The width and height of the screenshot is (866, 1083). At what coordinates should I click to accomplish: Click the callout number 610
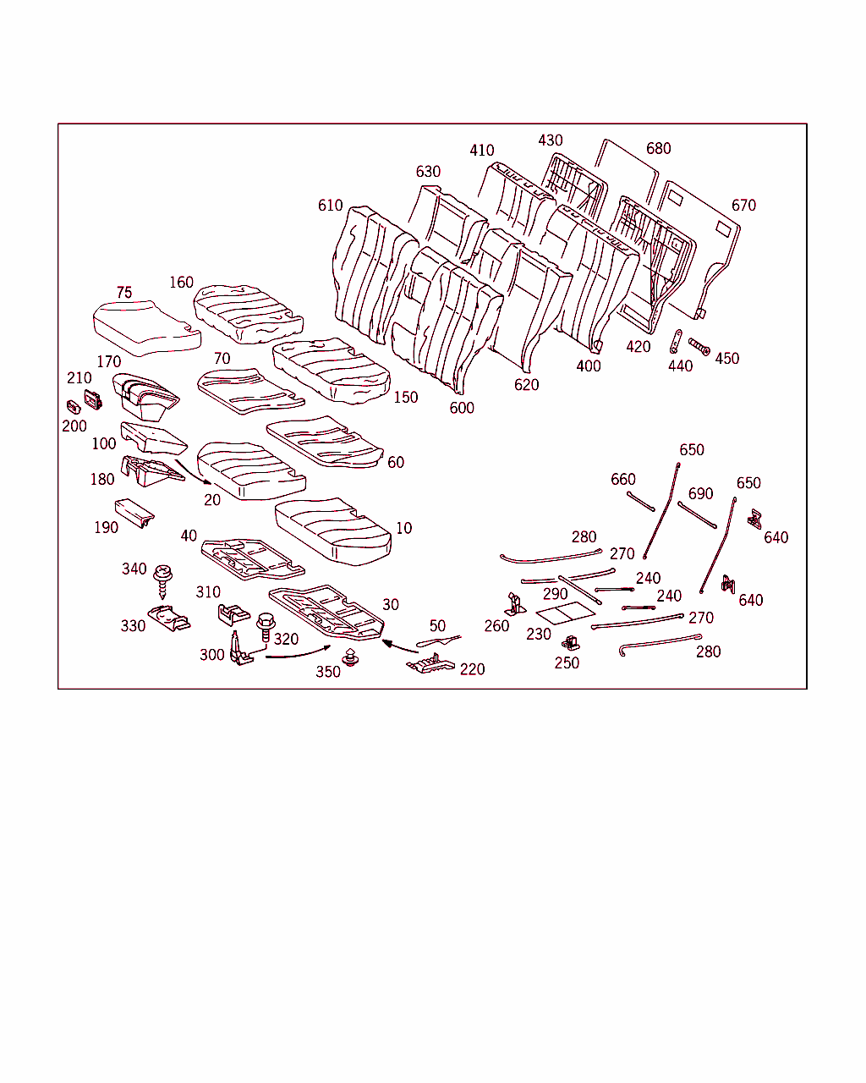[x=330, y=206]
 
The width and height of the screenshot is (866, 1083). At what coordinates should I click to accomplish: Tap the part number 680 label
[x=658, y=148]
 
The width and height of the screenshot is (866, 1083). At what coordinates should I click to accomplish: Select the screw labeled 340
[x=162, y=581]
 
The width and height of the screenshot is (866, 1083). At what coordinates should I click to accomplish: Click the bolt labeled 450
[x=699, y=346]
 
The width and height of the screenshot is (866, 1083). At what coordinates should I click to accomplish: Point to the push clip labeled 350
[x=350, y=657]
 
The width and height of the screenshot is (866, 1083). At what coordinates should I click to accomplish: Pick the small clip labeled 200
[x=74, y=407]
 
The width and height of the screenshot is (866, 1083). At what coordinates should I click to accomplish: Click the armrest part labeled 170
[x=145, y=397]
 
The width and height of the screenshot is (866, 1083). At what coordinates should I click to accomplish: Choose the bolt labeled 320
[x=266, y=627]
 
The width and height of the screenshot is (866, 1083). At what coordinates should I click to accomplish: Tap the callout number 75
[x=124, y=293]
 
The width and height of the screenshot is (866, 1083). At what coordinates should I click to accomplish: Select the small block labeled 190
[x=134, y=513]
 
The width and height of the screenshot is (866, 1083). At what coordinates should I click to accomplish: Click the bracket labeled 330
[x=169, y=618]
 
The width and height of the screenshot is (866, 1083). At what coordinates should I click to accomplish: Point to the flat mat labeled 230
[x=566, y=613]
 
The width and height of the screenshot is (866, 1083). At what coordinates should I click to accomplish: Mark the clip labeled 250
[x=571, y=643]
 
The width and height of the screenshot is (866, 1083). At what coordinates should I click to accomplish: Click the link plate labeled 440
[x=676, y=342]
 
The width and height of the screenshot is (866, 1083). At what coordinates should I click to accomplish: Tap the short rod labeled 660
[x=640, y=502]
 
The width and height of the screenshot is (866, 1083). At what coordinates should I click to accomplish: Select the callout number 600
[x=462, y=408]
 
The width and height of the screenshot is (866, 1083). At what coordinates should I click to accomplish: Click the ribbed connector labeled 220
[x=430, y=664]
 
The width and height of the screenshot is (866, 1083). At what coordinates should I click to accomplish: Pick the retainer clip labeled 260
[x=515, y=604]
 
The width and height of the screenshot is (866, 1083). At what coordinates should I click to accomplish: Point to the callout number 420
[x=638, y=347]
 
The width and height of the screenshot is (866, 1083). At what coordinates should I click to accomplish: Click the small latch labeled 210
[x=93, y=400]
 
